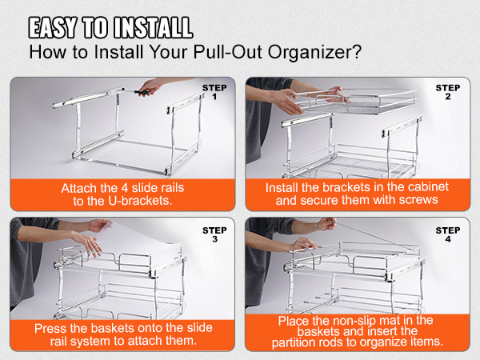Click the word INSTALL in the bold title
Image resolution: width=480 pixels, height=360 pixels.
tap(153, 27)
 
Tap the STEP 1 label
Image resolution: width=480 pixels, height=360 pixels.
tap(214, 92)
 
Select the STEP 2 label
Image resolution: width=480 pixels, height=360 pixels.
tap(448, 92)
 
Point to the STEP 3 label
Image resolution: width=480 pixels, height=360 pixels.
tap(214, 234)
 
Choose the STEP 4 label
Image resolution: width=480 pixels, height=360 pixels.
tap(448, 234)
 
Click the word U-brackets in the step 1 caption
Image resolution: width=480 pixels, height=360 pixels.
tap(140, 201)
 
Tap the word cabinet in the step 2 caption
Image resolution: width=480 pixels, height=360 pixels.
tap(429, 186)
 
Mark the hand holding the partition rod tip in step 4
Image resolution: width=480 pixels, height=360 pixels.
tap(326, 224)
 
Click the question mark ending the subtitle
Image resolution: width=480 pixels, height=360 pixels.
tap(355, 51)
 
